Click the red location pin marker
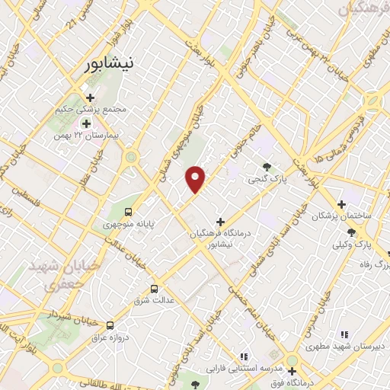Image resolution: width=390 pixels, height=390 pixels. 196,179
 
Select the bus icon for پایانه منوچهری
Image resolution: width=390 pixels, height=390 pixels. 128,211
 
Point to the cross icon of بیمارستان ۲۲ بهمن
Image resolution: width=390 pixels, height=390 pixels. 86,123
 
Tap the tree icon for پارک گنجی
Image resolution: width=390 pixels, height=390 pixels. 267,167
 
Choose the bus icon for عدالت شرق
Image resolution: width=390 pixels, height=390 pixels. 155,289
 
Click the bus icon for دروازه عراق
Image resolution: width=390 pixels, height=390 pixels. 110,324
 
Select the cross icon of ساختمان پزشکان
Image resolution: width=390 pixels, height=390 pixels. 341,203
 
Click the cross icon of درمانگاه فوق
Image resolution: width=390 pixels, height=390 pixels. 291,371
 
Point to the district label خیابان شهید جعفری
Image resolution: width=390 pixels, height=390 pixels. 55,276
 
